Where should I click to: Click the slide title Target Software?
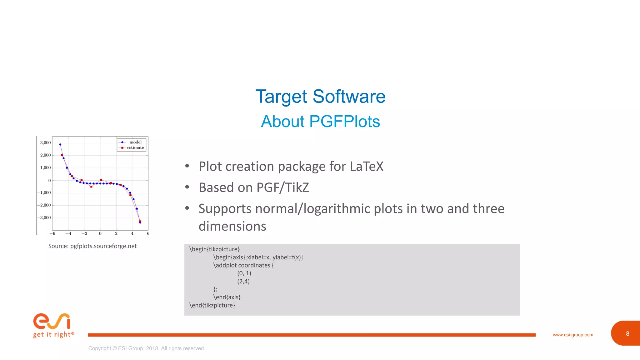320,96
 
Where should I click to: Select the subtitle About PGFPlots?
320,122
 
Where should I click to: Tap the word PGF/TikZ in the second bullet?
282,188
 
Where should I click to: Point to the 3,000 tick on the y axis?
45,143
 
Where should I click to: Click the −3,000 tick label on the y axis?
44,218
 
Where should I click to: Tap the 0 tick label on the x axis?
100,233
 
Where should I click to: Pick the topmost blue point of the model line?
60,144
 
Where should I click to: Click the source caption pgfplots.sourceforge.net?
103,246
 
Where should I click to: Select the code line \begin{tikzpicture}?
214,249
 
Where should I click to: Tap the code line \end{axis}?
227,297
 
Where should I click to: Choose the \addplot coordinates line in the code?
243,265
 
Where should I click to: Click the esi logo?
52,322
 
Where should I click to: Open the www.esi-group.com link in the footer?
572,335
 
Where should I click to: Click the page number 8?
627,334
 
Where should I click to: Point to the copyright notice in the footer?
147,348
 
